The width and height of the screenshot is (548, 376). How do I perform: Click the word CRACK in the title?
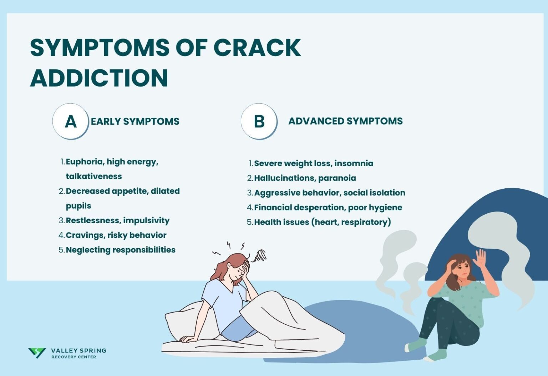(257, 47)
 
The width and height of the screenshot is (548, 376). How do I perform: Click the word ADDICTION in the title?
(99, 78)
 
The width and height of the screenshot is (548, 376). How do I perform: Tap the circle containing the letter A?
(71, 121)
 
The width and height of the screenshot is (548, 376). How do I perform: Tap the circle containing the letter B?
(259, 121)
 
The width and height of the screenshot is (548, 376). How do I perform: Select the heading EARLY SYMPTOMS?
(135, 121)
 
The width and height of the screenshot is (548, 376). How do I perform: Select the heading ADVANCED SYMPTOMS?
(345, 121)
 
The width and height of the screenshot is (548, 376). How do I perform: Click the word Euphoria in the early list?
(84, 162)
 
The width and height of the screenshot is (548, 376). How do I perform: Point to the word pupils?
(78, 206)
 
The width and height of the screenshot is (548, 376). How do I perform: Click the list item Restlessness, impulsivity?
(118, 220)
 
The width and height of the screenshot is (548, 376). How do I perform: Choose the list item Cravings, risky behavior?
(116, 235)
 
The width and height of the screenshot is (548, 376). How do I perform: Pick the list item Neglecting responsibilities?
(121, 250)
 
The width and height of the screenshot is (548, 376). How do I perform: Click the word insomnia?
(354, 163)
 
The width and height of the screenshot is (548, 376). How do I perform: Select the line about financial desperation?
(328, 208)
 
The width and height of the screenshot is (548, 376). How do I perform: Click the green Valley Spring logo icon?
(37, 352)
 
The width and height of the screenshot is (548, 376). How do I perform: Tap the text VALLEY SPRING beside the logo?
(78, 351)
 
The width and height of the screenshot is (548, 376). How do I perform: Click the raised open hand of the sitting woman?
(480, 258)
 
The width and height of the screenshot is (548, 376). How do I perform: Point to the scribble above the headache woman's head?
(260, 255)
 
